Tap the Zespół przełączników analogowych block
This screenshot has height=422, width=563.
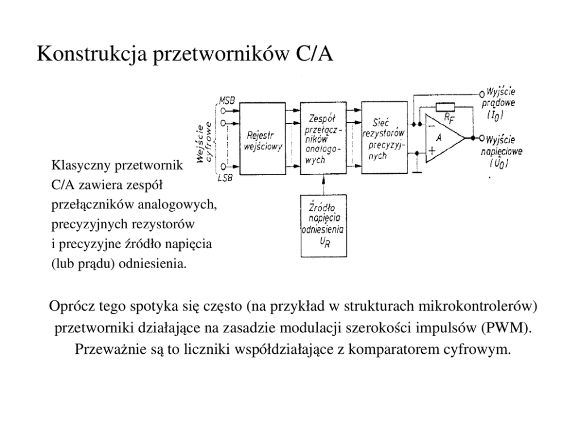coord(322,139)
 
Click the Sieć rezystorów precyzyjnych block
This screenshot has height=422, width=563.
coord(384,139)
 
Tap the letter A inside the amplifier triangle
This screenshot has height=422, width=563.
coord(439,137)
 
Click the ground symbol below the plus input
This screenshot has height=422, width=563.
coord(417,172)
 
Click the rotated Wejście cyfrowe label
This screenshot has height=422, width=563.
coord(205,142)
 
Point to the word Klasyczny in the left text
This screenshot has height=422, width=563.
coord(82,166)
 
